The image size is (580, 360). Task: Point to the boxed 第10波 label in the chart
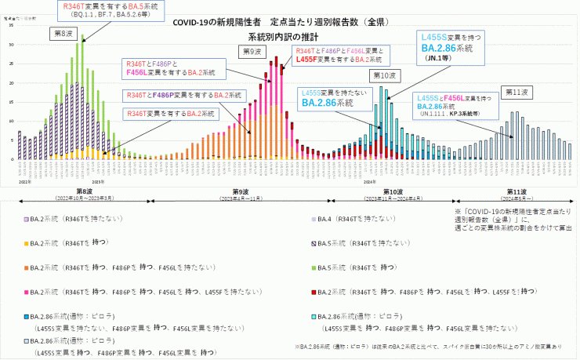[x=383, y=76]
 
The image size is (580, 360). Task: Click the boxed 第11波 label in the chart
[x=516, y=92]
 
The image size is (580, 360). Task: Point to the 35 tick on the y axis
[x=11, y=26]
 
